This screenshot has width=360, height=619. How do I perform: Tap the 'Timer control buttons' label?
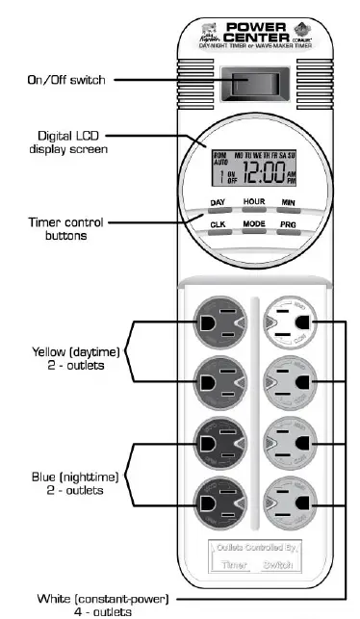click(x=58, y=228)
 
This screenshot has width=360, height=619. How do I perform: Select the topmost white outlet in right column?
click(x=289, y=322)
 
